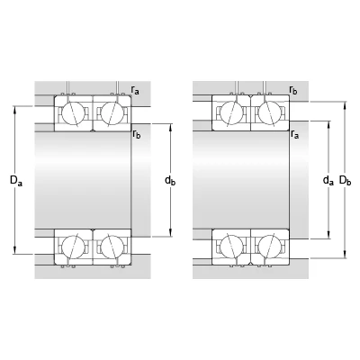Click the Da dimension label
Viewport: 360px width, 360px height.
point(16,181)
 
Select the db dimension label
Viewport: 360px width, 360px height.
point(170,181)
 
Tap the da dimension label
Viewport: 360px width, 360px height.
point(328,181)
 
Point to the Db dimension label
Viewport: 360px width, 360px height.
point(345,181)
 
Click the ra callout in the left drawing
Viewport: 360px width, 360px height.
point(135,90)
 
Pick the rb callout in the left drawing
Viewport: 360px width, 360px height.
point(137,134)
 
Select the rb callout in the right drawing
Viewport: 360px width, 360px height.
point(293,89)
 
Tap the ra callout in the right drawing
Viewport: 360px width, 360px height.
point(295,134)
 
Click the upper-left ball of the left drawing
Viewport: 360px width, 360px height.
point(73,112)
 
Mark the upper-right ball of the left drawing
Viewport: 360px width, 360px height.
point(112,112)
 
